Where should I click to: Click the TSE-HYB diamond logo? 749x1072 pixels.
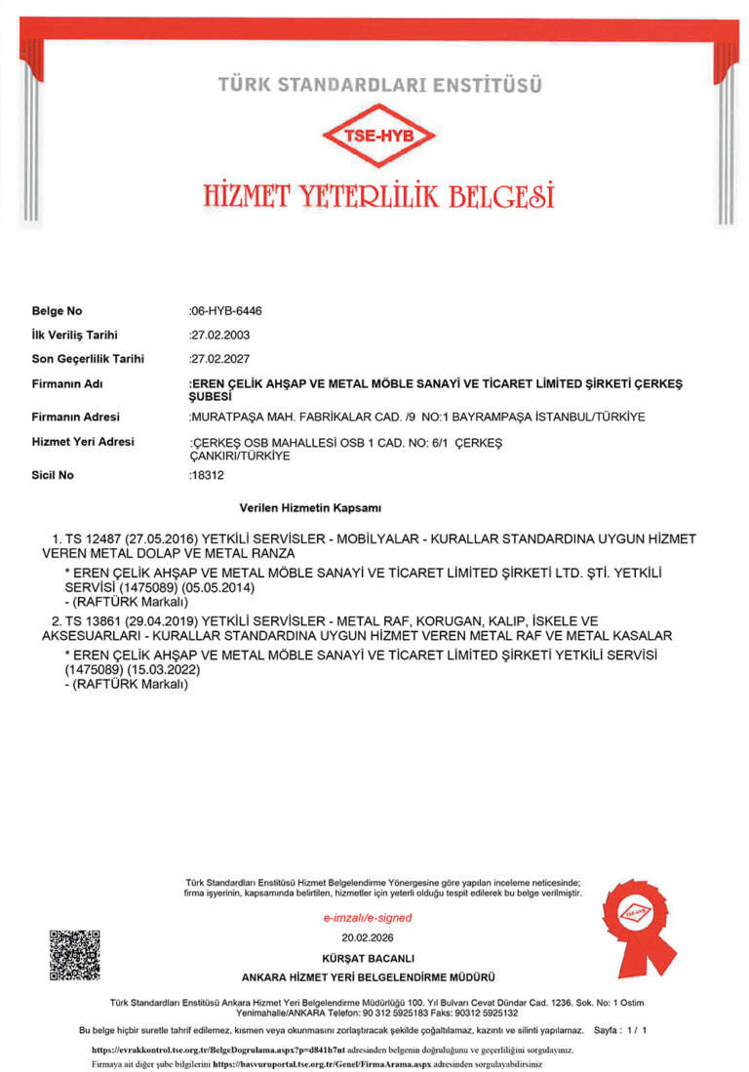374,136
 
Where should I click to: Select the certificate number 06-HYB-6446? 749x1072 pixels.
226,311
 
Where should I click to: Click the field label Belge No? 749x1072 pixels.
58,311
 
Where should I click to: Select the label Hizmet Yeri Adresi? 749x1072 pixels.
83,442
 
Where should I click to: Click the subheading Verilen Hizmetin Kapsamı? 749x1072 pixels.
309,508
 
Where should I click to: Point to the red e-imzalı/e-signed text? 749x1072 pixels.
367,918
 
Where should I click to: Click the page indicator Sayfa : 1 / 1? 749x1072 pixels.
619,1030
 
